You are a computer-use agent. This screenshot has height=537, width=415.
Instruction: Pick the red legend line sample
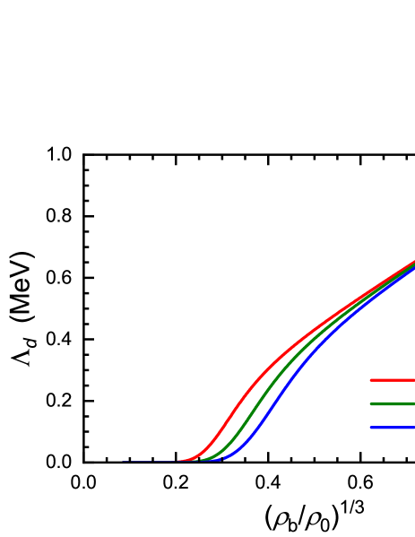click(394, 380)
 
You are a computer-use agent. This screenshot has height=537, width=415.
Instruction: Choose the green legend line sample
click(394, 404)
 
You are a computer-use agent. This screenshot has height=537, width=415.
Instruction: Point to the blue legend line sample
click(394, 428)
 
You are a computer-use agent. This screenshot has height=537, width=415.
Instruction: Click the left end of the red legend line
click(372, 380)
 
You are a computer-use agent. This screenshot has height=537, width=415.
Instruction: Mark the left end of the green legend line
click(372, 404)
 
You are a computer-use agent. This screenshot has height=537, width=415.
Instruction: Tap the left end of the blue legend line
click(372, 428)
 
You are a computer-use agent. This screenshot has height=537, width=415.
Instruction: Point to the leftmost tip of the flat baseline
click(123, 462)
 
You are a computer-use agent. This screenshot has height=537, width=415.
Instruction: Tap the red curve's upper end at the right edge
click(413, 262)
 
